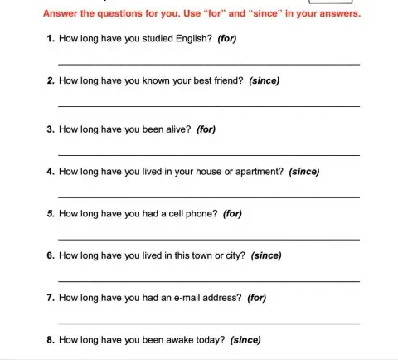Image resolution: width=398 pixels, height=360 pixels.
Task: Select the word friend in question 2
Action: point(226,81)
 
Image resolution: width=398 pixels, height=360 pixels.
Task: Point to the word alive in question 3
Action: point(176,129)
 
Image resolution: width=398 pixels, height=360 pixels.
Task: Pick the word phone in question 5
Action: point(201,213)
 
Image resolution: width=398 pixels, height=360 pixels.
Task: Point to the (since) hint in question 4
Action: point(304,171)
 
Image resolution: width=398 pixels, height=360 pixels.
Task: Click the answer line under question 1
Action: point(208,64)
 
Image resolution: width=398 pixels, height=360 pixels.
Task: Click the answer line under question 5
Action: point(208,239)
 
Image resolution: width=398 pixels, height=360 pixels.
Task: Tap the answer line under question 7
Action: point(208,323)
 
